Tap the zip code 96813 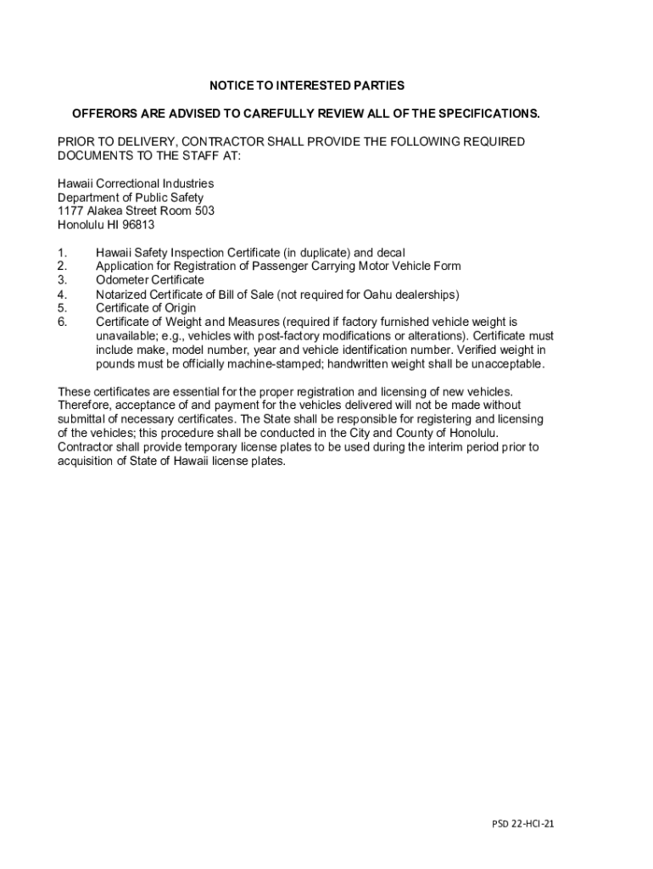[x=138, y=224]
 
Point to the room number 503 [x=204, y=210]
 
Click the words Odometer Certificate [x=149, y=280]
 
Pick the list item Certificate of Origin [x=145, y=308]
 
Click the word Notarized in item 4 [x=122, y=294]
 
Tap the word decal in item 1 [x=390, y=252]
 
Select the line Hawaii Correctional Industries [x=136, y=183]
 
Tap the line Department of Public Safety [x=131, y=197]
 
